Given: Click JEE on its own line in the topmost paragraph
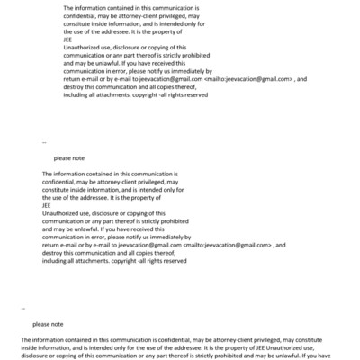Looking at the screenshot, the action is click(x=69, y=40).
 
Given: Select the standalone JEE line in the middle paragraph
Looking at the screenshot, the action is click(x=48, y=203).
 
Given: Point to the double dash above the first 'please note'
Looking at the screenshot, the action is click(x=45, y=142).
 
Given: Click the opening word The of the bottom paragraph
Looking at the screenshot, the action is click(x=27, y=338).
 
